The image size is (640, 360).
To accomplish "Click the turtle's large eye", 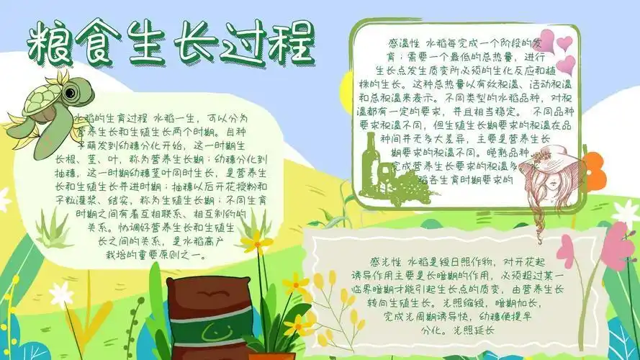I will pyautogui.click(x=71, y=93).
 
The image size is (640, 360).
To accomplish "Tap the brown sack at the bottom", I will pyautogui.click(x=196, y=310).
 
